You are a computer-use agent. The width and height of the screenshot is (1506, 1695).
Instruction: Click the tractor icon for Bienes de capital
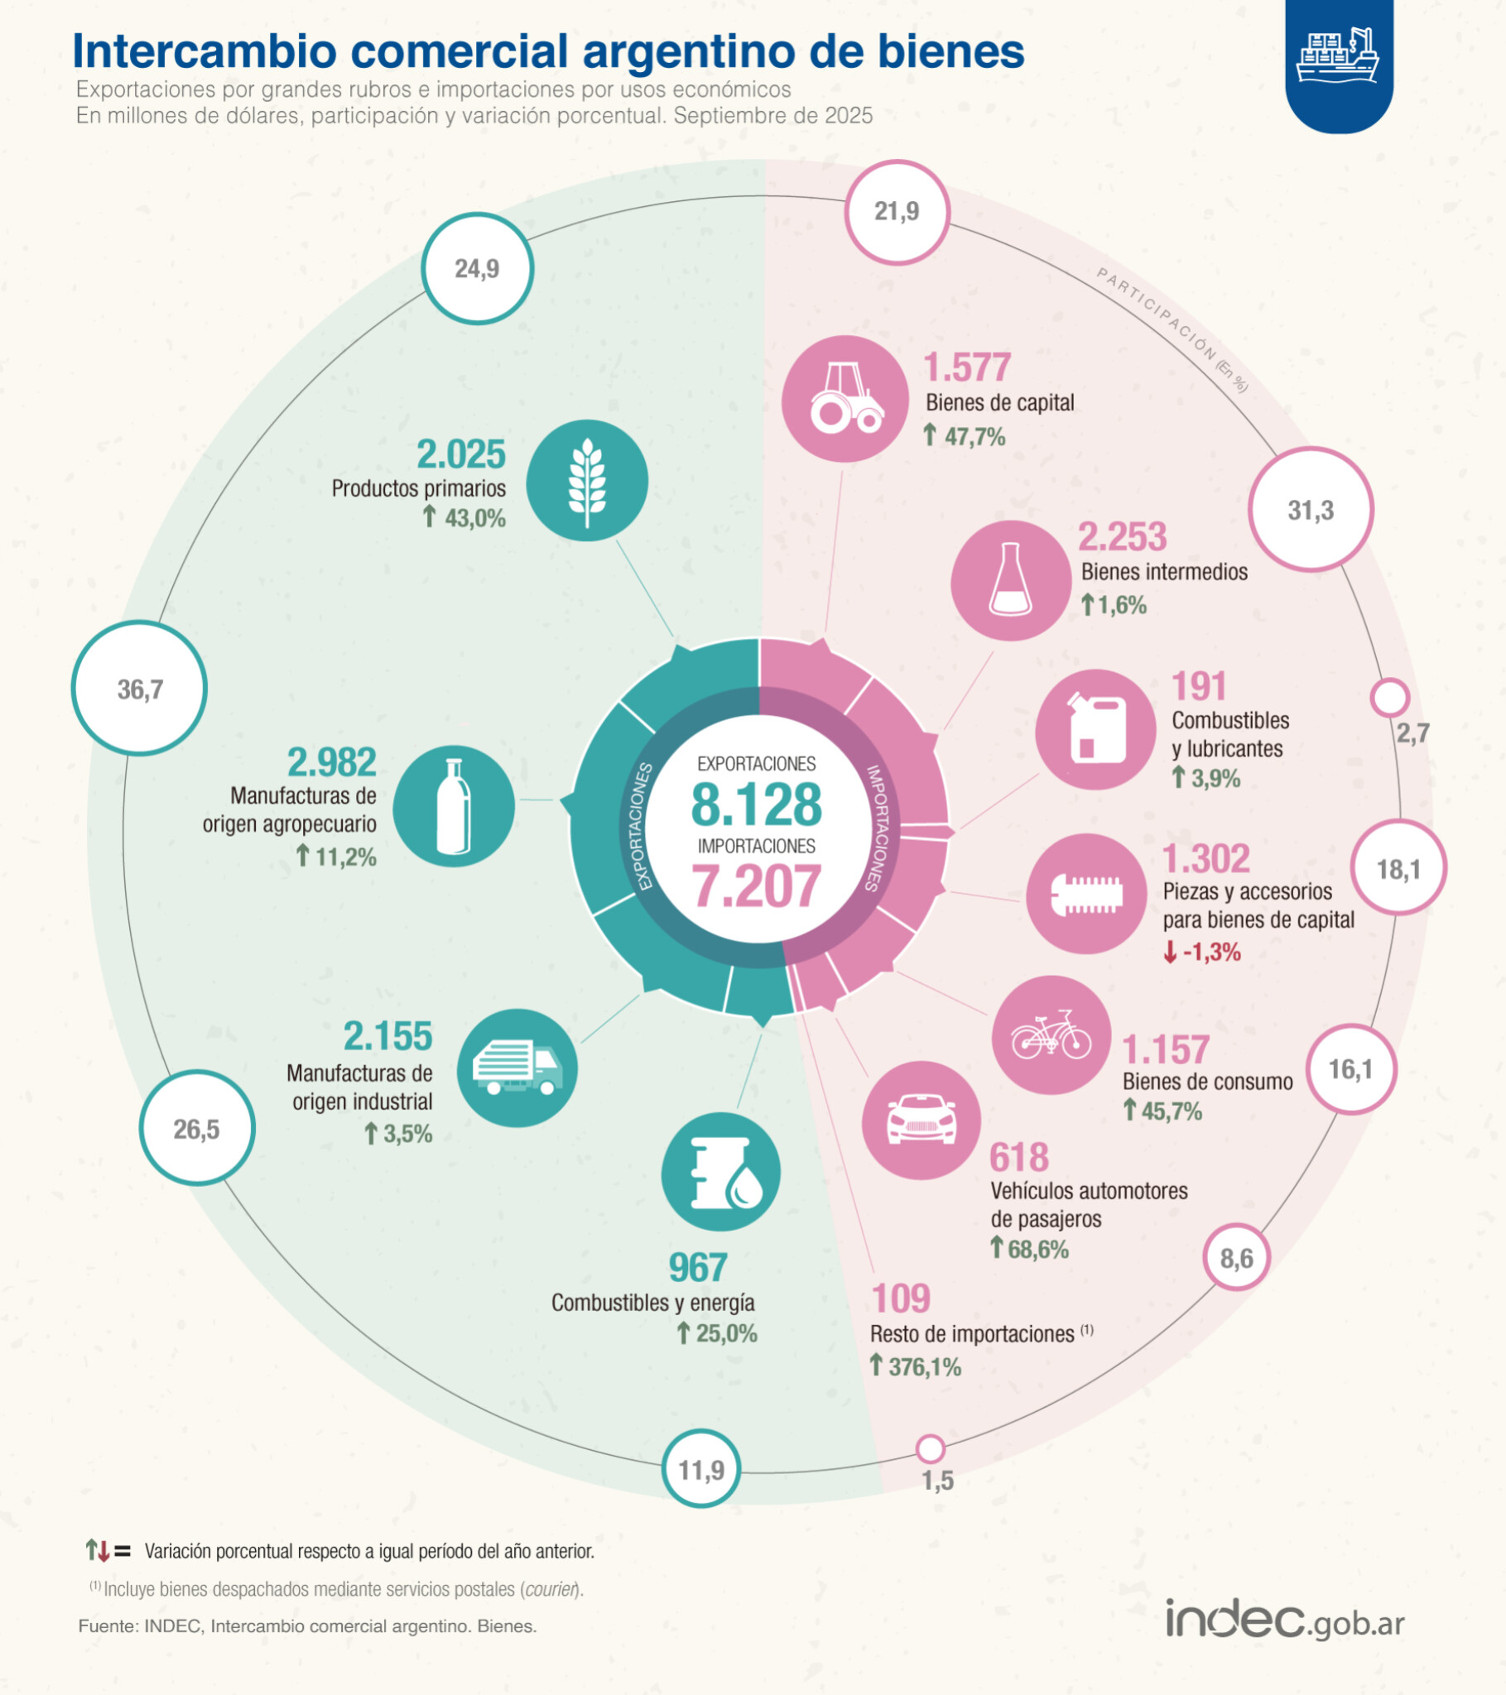tap(844, 399)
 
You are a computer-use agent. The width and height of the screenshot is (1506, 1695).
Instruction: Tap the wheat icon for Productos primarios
tap(588, 481)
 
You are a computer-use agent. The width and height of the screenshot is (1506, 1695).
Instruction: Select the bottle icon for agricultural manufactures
tap(454, 806)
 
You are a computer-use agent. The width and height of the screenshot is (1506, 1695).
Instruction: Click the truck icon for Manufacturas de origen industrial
tap(517, 1068)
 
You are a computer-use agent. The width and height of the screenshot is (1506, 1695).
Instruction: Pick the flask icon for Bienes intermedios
tap(1012, 580)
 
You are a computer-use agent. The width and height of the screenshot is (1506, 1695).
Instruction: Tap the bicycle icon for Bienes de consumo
tap(1051, 1035)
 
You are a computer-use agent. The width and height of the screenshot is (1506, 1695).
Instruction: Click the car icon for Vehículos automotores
tap(921, 1121)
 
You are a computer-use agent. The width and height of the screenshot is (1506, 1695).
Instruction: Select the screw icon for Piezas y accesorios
tap(1087, 894)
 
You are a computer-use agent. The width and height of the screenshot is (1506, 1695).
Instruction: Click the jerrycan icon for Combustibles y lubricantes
tap(1096, 730)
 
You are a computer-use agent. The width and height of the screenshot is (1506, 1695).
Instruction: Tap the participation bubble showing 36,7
tap(139, 689)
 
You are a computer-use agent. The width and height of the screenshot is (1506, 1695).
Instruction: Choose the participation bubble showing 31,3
tap(1311, 509)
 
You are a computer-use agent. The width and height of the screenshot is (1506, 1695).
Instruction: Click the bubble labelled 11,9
tap(702, 1469)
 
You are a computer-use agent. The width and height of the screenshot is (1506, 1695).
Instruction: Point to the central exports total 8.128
tap(756, 804)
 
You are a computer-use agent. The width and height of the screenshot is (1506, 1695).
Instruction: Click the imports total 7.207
tap(756, 886)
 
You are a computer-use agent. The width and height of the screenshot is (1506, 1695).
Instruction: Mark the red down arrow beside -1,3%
tap(1170, 952)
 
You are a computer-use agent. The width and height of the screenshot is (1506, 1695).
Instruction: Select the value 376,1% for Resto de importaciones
tap(924, 1366)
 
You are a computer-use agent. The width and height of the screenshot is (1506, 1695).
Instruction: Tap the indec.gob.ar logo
tap(1285, 1618)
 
